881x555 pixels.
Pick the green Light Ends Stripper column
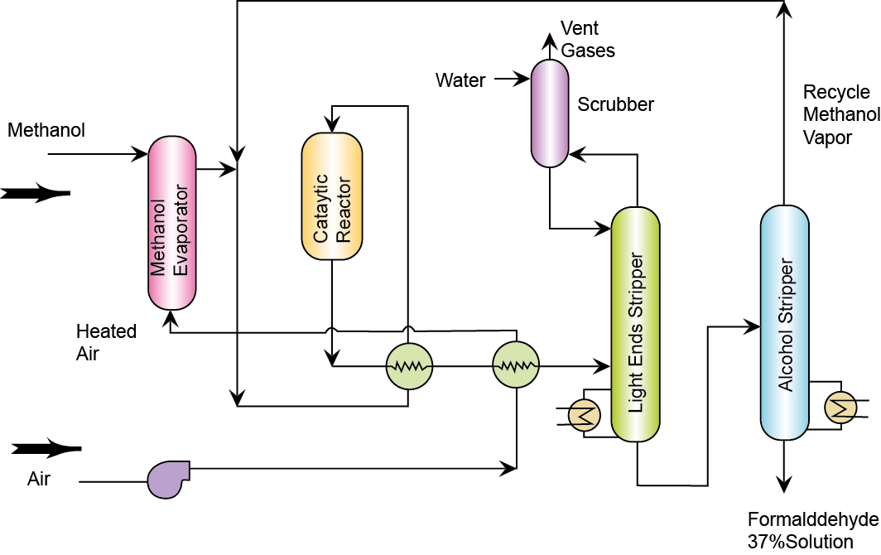[x=635, y=323]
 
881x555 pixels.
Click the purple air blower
[x=167, y=480]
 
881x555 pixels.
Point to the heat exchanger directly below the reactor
[x=409, y=364]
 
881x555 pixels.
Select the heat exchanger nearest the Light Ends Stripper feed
[x=516, y=364]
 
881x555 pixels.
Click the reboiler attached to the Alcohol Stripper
[x=842, y=407]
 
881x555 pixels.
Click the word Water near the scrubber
[x=460, y=80]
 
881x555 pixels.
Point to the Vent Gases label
[x=588, y=39]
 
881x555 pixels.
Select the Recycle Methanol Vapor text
[x=836, y=114]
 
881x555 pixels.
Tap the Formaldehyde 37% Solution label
[x=811, y=531]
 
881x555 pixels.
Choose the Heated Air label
[x=106, y=341]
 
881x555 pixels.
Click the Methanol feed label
[x=46, y=130]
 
